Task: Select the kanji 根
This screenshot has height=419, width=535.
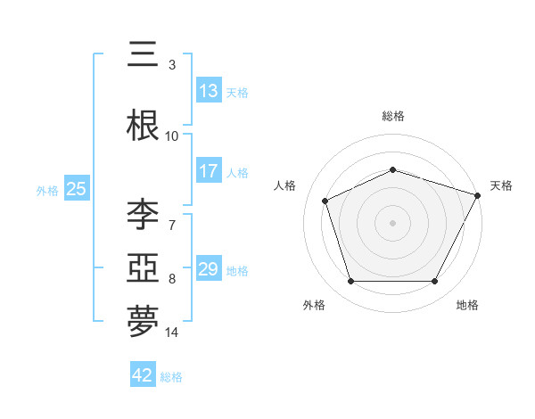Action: [x=143, y=126]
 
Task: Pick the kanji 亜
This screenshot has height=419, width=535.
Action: [x=143, y=268]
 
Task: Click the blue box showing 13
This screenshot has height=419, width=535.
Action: [x=209, y=91]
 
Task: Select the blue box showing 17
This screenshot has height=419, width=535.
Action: [x=209, y=171]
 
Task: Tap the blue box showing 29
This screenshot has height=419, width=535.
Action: [x=209, y=269]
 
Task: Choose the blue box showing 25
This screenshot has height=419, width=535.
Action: [x=77, y=189]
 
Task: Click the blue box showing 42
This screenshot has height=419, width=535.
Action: [x=143, y=375]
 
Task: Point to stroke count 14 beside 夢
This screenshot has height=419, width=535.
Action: [x=172, y=333]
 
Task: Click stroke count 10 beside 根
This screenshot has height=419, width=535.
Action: [x=172, y=136]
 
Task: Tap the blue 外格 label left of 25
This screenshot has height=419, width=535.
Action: [x=47, y=190]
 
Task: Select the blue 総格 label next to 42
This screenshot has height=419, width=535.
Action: [x=171, y=376]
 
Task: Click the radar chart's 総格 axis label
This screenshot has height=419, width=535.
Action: [x=393, y=117]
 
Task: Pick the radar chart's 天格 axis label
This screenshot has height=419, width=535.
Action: [x=501, y=185]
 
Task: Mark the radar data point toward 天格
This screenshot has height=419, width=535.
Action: [x=478, y=195]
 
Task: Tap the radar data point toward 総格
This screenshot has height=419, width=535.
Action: [x=393, y=169]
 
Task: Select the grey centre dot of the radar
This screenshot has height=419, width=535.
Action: [x=393, y=223]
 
